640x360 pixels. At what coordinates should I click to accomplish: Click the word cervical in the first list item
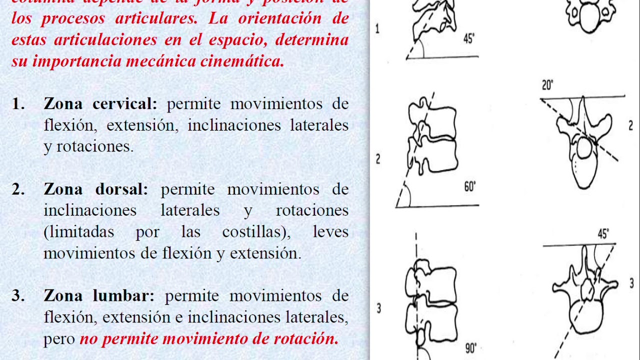pos(125,104)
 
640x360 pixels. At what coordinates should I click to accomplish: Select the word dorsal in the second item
pos(122,189)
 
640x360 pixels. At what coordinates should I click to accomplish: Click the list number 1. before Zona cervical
pos(18,104)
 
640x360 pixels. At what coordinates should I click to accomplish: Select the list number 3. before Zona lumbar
pos(18,295)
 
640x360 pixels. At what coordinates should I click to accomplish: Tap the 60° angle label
pos(470,187)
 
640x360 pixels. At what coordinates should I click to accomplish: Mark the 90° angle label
pos(470,348)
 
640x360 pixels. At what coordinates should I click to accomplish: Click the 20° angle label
pos(547,85)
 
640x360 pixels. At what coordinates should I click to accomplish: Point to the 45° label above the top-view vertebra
pos(603,233)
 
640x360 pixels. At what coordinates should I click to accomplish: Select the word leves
pos(330,232)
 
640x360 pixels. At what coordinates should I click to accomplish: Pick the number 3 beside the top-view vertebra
pos(631,284)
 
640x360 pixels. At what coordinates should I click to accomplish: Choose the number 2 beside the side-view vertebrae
pos(378,159)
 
